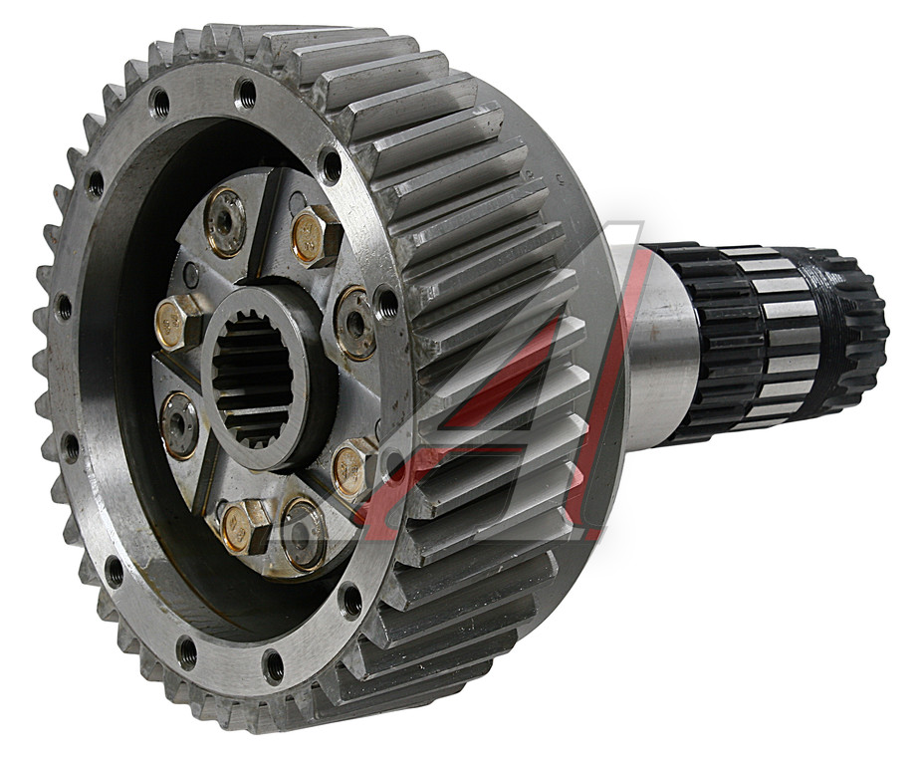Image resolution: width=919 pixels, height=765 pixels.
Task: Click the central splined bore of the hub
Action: [x=253, y=376]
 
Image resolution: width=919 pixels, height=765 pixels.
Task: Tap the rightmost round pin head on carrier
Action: [x=355, y=323]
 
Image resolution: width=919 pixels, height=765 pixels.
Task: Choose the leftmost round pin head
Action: [x=179, y=424]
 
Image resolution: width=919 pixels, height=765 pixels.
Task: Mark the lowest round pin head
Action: [x=303, y=534]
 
